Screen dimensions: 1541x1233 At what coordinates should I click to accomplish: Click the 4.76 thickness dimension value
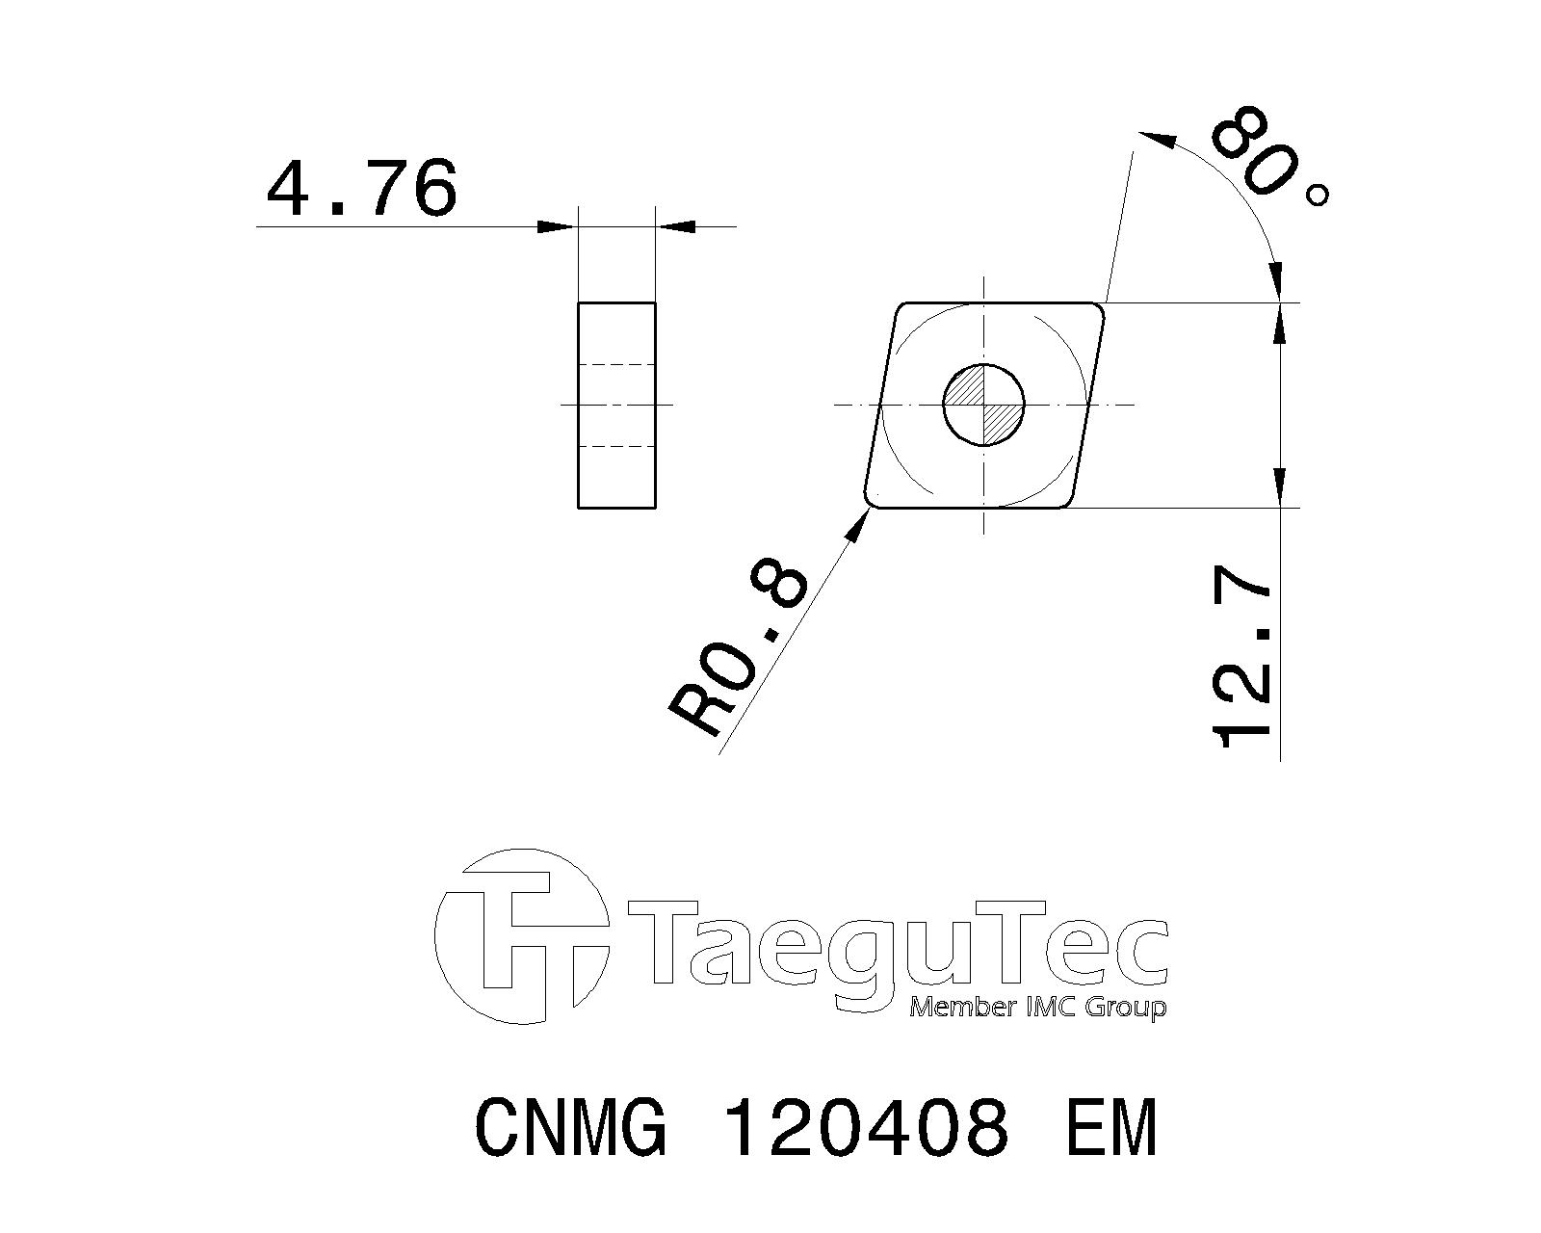361,189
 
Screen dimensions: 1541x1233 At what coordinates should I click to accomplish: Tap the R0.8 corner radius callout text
738,648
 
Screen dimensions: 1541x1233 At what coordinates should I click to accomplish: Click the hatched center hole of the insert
984,405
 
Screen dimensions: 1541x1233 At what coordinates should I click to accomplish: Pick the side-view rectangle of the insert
616,406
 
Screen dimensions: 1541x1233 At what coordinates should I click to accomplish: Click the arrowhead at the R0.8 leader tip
857,527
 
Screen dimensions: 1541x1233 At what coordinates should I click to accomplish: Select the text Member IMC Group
1037,1008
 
